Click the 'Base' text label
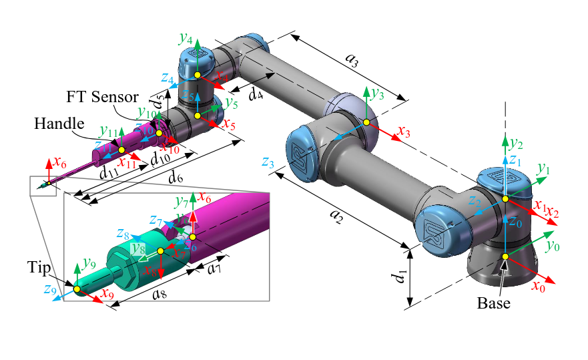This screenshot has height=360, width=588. pyautogui.click(x=493, y=303)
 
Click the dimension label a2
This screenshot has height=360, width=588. pyautogui.click(x=336, y=215)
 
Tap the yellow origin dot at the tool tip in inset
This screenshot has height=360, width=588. pyautogui.click(x=76, y=289)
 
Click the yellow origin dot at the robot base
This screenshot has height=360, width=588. pyautogui.click(x=505, y=257)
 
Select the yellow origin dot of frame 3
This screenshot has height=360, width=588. pyautogui.click(x=366, y=122)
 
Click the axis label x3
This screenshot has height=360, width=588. pyautogui.click(x=402, y=132)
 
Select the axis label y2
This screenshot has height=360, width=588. pyautogui.click(x=516, y=143)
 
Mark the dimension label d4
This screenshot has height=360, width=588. pyautogui.click(x=255, y=94)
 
